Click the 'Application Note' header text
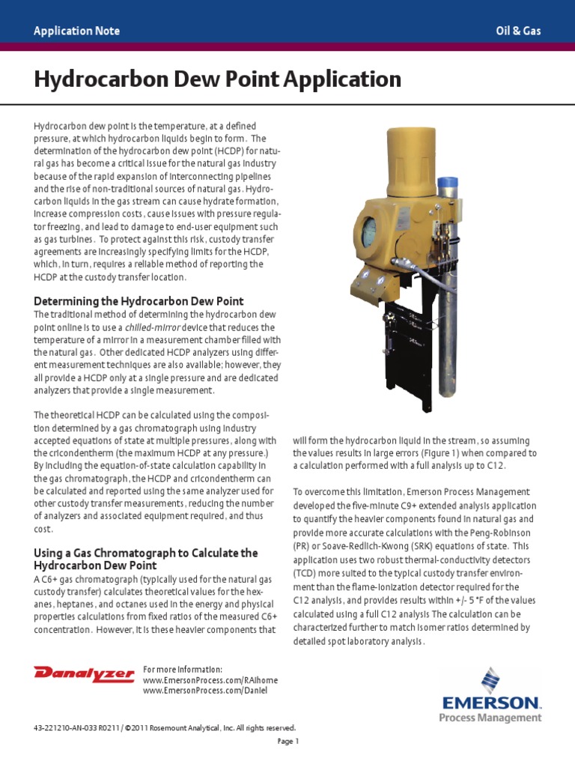76,31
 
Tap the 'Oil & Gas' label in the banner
518,31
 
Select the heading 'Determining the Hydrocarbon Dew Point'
139,301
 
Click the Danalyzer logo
84,673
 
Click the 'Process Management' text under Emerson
490,718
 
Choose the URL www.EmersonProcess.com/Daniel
204,690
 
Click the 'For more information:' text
182,669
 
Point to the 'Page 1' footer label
287,742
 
